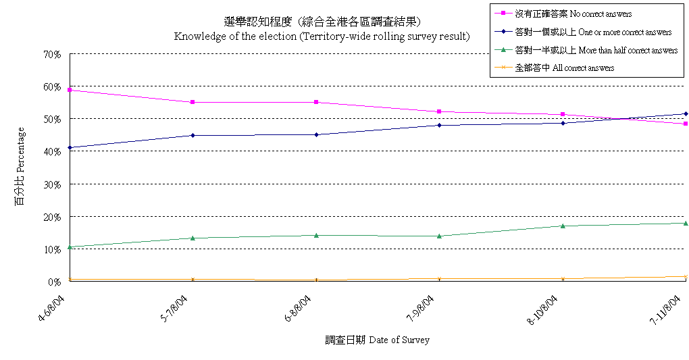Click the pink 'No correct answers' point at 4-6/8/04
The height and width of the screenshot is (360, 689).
click(70, 90)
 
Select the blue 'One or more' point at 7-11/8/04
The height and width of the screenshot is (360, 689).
click(686, 113)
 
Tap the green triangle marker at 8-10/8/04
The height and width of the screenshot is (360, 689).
click(563, 226)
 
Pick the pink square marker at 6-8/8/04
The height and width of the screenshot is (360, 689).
click(316, 102)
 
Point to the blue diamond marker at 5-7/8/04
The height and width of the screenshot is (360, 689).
click(193, 135)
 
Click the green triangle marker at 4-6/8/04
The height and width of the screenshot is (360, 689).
click(70, 247)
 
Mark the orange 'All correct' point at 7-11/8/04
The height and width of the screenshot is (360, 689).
click(686, 277)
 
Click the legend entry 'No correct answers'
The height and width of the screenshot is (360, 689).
click(573, 14)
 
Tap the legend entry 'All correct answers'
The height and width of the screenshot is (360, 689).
click(564, 68)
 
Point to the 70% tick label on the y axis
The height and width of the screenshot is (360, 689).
click(52, 54)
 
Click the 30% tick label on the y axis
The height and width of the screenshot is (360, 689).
click(52, 184)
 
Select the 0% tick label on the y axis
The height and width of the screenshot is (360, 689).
click(55, 282)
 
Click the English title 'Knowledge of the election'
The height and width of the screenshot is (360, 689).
click(322, 36)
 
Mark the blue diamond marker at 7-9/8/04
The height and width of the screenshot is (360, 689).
click(440, 125)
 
